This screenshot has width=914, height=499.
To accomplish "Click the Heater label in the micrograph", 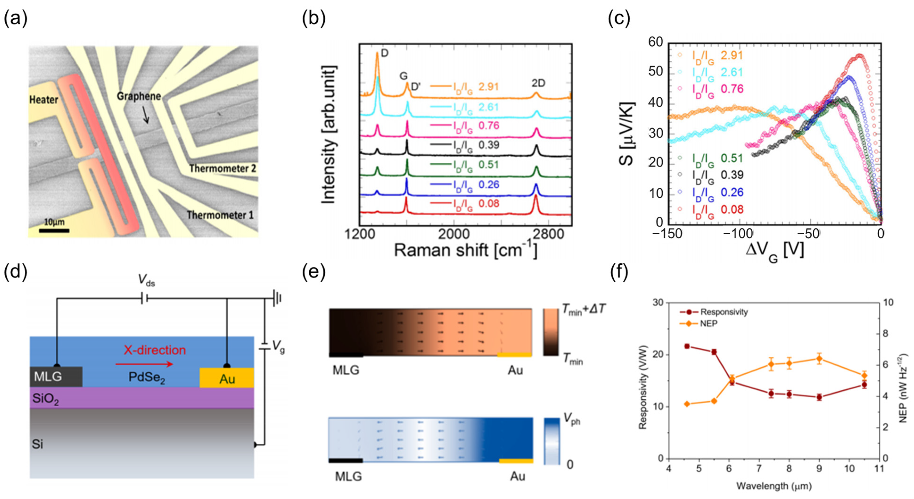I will (x=43, y=100).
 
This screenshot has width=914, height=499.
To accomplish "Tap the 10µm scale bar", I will (x=54, y=231).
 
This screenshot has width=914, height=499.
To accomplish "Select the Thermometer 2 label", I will (x=222, y=168).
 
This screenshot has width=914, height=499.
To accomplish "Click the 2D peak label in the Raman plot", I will (x=538, y=83).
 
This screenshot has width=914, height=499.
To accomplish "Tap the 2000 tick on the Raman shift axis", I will (x=454, y=234).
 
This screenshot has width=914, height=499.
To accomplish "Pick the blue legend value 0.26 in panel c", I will (x=732, y=192).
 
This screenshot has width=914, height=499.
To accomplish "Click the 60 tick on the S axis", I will (x=655, y=42).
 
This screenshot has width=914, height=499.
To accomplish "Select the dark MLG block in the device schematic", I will (x=56, y=377).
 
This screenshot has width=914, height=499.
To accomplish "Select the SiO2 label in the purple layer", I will (x=45, y=399).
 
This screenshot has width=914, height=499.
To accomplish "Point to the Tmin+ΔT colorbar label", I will (x=584, y=309).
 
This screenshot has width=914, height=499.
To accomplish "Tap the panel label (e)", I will (x=313, y=272).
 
